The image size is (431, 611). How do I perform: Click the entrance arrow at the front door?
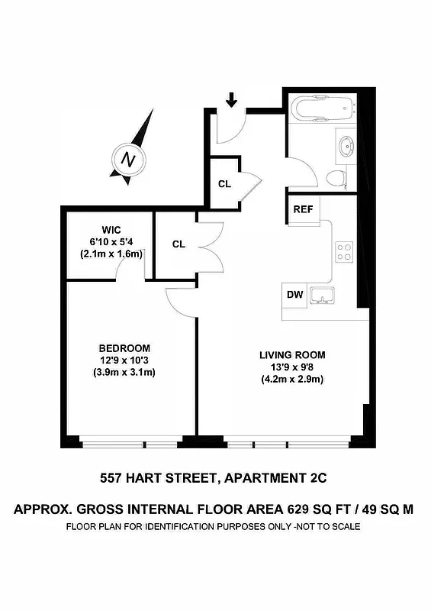coord(232,99)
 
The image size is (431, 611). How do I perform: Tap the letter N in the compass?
coord(129,160)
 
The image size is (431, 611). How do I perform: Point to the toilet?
coord(335,179)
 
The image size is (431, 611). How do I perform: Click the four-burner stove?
coord(345,251)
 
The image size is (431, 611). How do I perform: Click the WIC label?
coord(112,230)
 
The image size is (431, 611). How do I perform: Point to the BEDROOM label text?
coord(124,348)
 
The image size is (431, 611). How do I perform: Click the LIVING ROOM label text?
coord(292,354)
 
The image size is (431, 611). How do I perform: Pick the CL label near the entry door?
coord(224,184)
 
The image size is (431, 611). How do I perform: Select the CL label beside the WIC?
coord(179,244)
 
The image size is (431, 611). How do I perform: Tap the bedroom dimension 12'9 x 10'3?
coord(124,360)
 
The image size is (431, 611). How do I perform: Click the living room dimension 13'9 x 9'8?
coord(292,367)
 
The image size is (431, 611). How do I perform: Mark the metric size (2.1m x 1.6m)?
coord(112,254)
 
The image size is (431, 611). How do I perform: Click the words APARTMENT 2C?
coord(276,479)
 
